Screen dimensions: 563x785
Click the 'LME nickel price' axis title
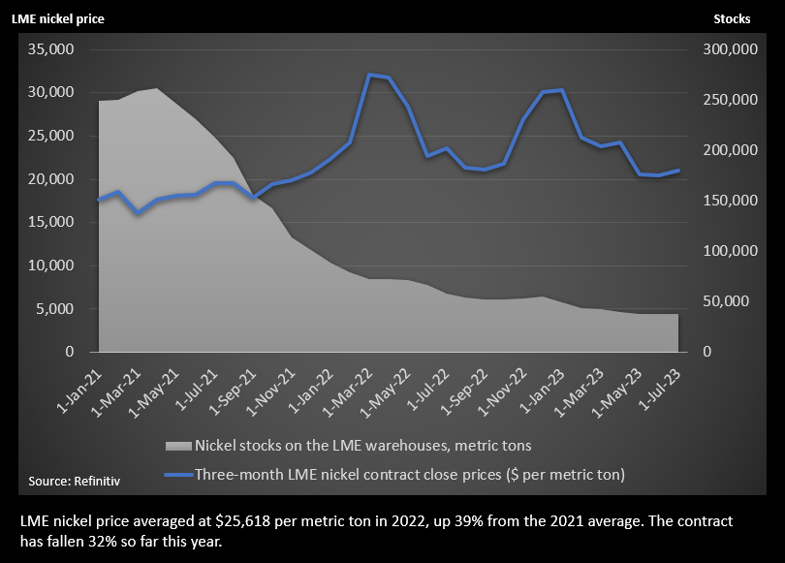click(x=58, y=18)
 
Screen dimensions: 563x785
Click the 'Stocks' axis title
click(x=732, y=18)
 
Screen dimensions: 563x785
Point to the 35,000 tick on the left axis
click(x=56, y=49)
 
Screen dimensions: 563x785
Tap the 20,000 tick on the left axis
click(x=56, y=179)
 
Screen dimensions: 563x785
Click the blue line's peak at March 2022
click(x=369, y=75)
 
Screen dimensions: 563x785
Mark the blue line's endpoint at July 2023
click(x=678, y=171)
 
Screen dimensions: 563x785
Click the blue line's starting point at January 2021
click(x=99, y=200)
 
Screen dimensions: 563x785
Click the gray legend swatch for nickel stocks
click(x=177, y=446)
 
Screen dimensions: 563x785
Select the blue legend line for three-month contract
click(x=177, y=475)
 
